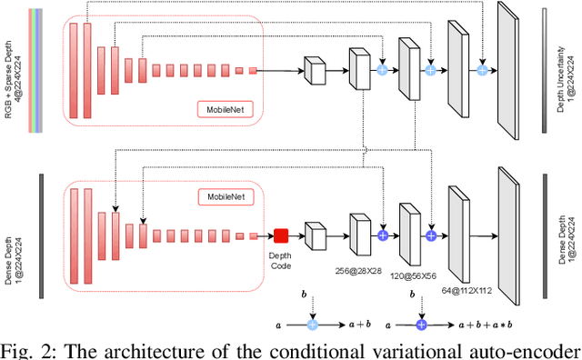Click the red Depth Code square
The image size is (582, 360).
[281, 235]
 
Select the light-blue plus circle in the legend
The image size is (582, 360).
[312, 323]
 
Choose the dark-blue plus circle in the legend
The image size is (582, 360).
[420, 323]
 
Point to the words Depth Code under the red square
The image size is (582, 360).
[281, 260]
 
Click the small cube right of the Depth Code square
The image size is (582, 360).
[315, 236]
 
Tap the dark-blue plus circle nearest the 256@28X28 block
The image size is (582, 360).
[382, 235]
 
